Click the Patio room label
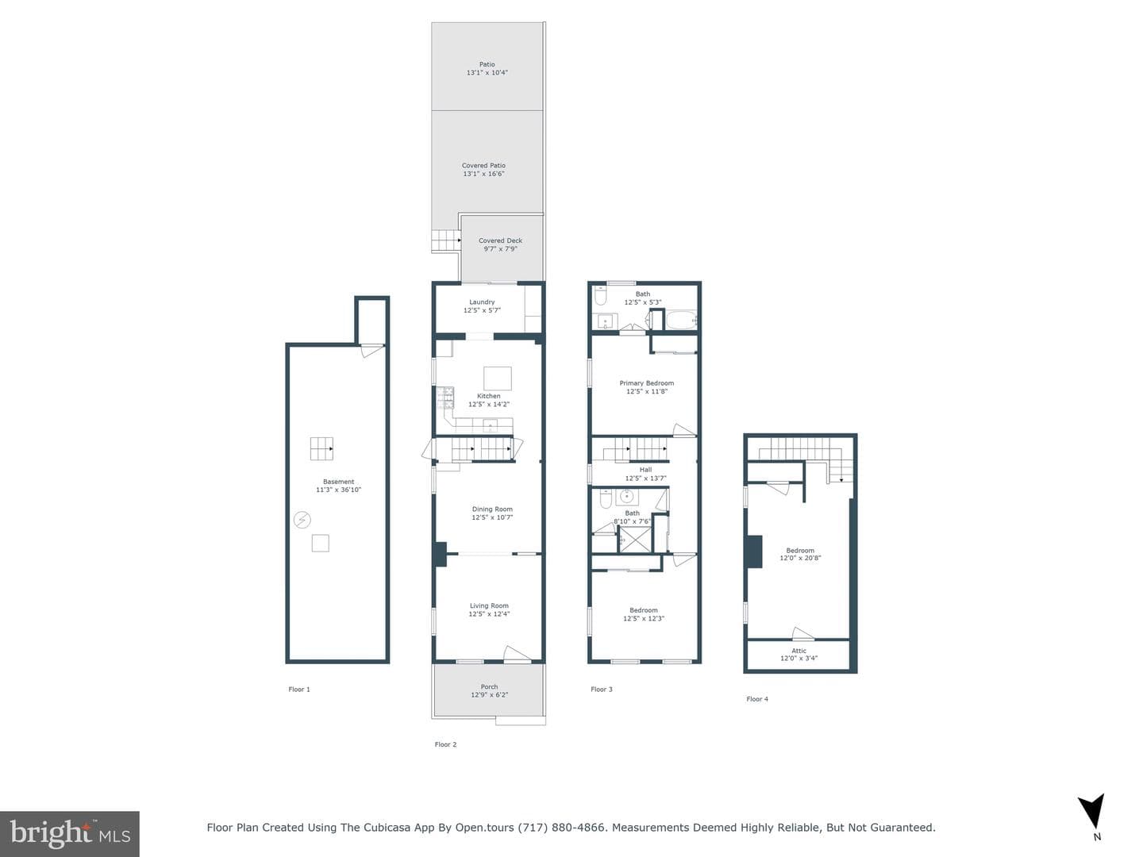(487, 64)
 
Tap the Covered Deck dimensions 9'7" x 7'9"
(500, 248)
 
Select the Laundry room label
(482, 302)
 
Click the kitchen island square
(498, 379)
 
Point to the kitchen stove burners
(445, 398)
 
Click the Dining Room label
(492, 509)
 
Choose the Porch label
(489, 686)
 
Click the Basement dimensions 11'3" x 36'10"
(338, 490)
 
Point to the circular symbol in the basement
(302, 519)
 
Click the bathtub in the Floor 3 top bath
(680, 320)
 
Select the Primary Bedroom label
(646, 383)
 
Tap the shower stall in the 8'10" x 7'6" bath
(635, 540)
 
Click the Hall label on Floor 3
(645, 469)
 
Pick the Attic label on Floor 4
(799, 651)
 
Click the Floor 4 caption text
(757, 699)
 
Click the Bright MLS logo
(70, 833)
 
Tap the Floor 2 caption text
(445, 744)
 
